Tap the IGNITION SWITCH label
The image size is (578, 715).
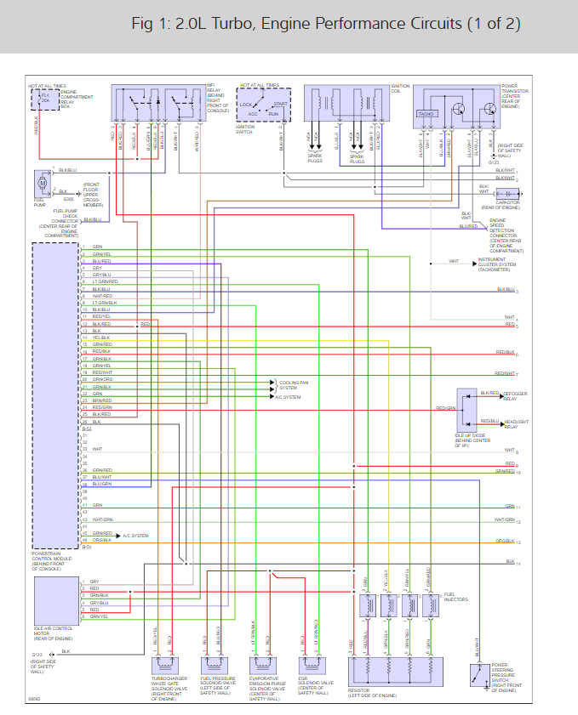coord(247,130)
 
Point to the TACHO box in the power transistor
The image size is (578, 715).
coord(427,113)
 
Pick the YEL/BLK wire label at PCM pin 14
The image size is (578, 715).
coord(101,338)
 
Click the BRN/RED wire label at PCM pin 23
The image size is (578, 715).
coord(102,400)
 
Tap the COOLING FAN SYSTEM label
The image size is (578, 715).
coord(289,385)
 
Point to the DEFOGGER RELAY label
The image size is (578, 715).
coord(515,395)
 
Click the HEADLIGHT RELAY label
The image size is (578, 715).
coord(517,423)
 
